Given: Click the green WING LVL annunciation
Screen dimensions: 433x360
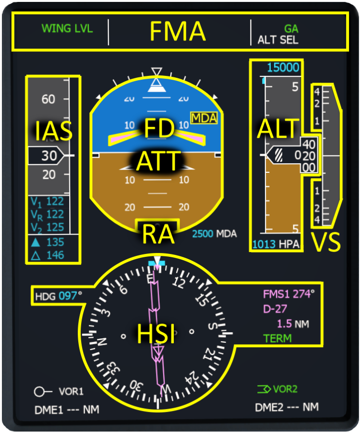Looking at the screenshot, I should pos(67,28).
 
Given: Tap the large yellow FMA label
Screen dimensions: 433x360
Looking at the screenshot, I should pos(178,32).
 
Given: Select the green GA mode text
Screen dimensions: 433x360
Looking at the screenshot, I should pos(291,29).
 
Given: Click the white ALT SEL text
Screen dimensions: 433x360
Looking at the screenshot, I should pos(278,40).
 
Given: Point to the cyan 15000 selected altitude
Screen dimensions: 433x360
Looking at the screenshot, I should pos(283,68).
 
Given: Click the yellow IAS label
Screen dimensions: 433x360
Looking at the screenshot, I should pos(53,131).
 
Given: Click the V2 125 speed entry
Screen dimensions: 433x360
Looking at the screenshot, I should pos(47,227).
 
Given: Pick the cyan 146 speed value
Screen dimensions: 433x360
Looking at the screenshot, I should pos(55,255).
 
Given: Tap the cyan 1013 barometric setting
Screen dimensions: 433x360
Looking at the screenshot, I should pos(264,244).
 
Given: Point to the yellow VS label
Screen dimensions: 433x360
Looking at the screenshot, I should pos(326,243).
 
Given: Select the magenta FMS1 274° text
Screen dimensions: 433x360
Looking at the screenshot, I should pos(288,294).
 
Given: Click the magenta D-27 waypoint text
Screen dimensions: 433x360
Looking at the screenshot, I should pos(275,309).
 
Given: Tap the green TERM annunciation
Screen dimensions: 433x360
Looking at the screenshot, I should pos(277,338).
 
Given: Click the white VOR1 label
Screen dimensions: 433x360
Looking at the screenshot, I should pos(71,392).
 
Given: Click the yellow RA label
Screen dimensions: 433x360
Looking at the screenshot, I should pos(157,234).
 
